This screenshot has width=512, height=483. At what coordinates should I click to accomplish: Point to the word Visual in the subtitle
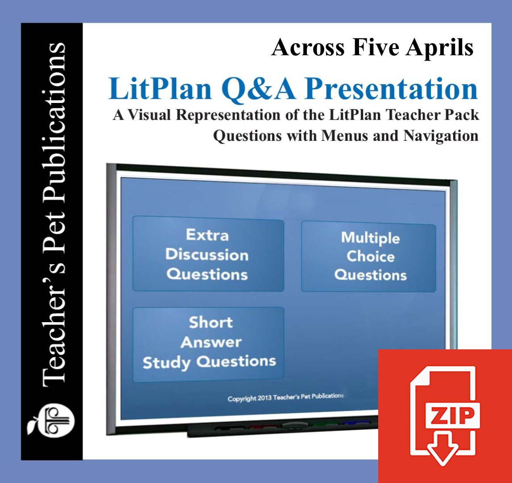click(x=149, y=115)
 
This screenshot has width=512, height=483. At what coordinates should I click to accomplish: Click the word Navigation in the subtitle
click(x=441, y=136)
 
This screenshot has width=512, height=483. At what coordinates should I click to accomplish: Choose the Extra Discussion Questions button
click(x=208, y=254)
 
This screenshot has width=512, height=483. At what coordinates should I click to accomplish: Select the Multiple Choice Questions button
click(x=369, y=256)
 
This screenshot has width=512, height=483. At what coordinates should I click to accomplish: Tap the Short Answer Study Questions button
click(x=208, y=344)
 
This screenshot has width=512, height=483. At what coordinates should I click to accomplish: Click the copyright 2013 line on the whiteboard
click(x=285, y=397)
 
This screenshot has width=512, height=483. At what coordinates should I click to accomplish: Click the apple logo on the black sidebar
click(x=51, y=421)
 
